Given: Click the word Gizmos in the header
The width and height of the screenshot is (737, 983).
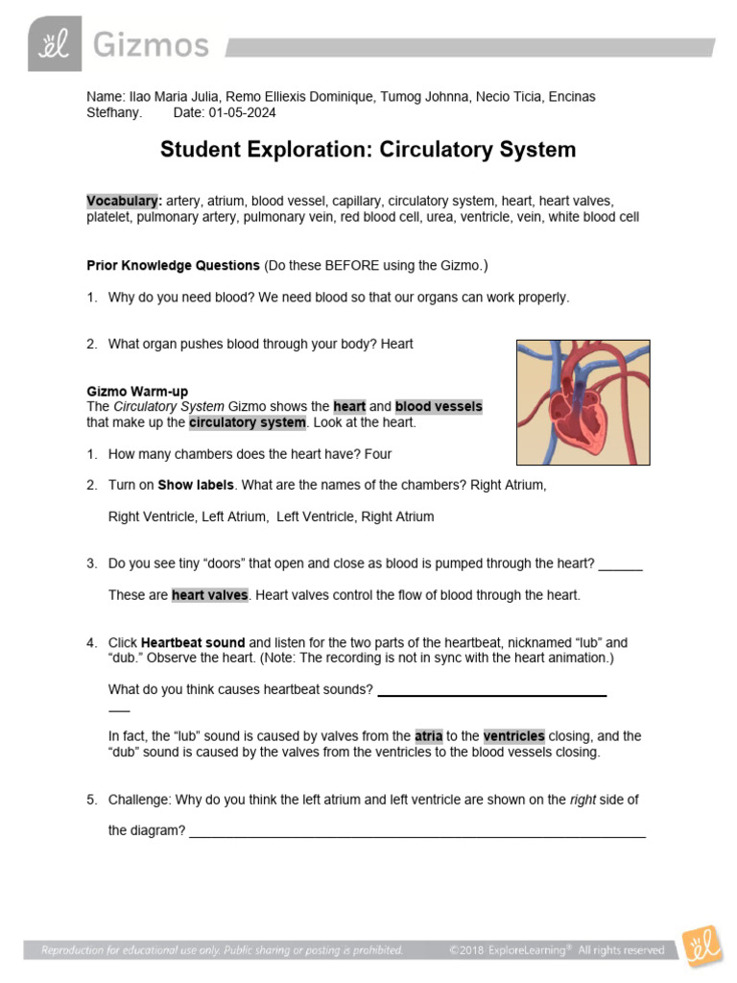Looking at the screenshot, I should tap(151, 44).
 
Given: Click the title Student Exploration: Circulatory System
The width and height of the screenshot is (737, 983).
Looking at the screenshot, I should tap(368, 150).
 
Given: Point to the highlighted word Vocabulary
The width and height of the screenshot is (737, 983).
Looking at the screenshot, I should tap(123, 202).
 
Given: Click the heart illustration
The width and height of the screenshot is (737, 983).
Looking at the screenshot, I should tap(582, 402).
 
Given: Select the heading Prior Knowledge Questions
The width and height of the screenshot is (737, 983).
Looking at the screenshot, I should tap(173, 265).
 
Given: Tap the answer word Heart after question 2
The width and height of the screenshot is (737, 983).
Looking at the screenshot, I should tap(396, 344).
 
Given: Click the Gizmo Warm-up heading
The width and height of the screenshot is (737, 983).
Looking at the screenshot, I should tap(137, 392).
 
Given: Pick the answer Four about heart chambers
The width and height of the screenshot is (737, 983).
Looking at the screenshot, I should tap(373, 454).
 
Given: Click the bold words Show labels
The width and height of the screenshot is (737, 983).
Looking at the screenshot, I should tap(196, 485).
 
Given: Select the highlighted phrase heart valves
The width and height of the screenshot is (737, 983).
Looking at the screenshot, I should tap(210, 595).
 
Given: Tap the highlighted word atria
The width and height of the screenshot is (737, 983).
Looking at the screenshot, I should tap(428, 736).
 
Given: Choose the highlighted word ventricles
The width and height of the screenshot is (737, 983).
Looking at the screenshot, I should tap(513, 736).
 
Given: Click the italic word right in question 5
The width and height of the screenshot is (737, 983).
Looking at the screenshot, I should tap(584, 800).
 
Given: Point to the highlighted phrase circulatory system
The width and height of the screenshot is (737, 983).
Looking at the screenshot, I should tap(247, 422).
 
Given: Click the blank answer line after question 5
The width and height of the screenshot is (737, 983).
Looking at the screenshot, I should tap(417, 832).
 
